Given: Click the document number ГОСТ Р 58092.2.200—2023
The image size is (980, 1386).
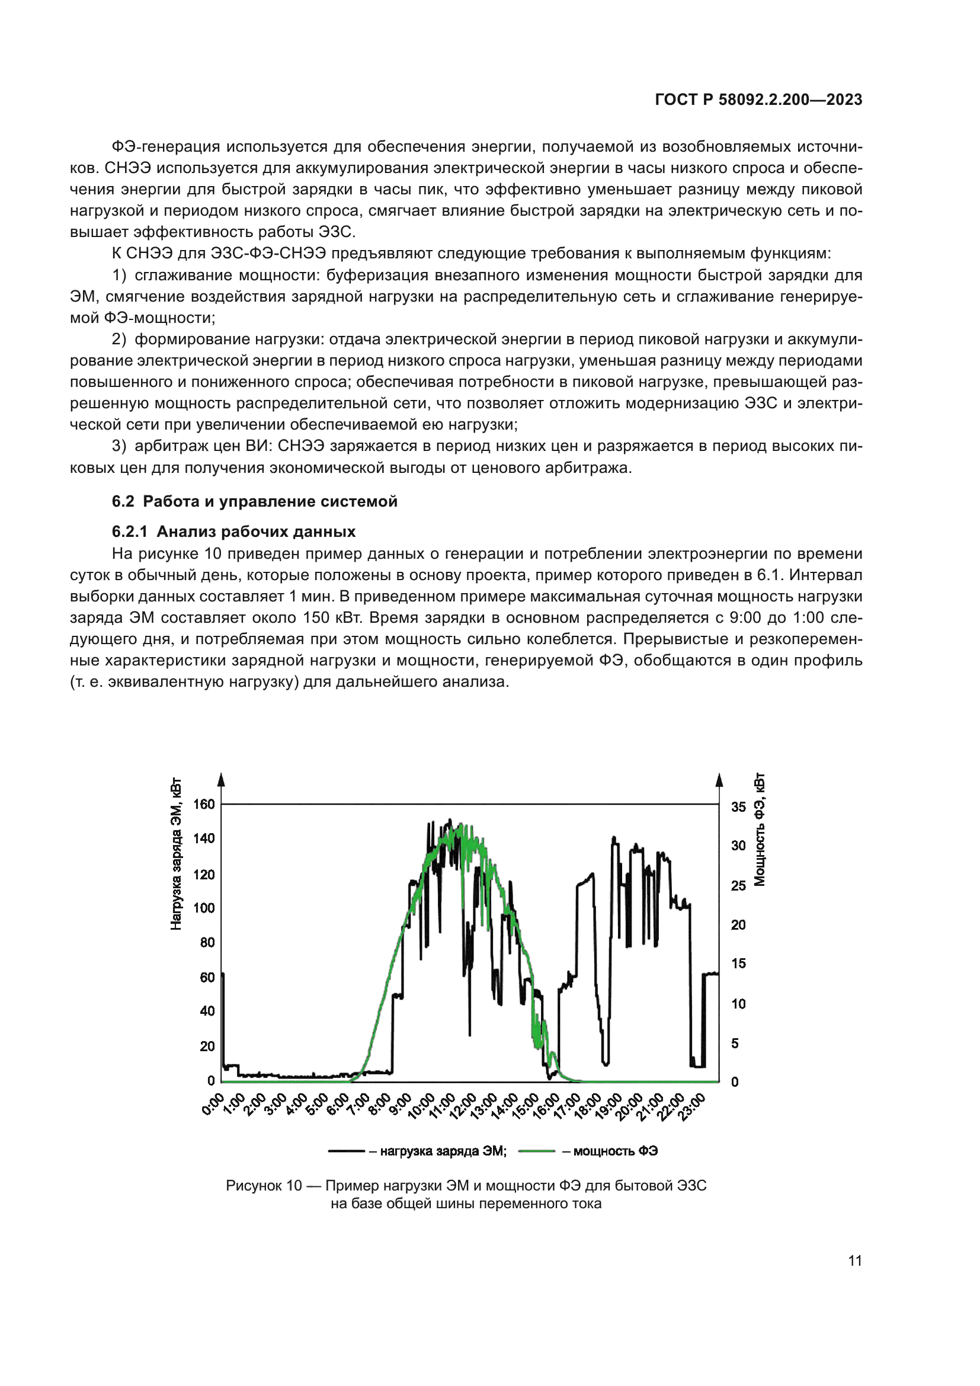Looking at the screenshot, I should tap(758, 100).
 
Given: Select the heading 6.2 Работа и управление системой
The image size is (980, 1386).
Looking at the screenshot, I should tap(254, 501).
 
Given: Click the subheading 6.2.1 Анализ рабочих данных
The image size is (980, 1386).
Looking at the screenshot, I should tap(233, 531).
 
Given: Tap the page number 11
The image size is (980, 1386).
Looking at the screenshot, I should tap(854, 1260).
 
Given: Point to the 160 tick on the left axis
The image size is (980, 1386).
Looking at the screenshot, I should tap(203, 804).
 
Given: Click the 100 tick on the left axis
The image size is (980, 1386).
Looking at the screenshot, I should tap(203, 908).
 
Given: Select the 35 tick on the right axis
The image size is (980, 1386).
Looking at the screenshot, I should tap(738, 807).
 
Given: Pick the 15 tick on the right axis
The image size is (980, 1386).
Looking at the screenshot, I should tap(738, 964).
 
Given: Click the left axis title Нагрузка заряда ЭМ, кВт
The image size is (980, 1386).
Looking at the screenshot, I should tap(175, 854).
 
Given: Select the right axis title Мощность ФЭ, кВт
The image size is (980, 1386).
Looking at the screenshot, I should tap(760, 830).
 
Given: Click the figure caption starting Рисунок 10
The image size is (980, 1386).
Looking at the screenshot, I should tap(466, 1186).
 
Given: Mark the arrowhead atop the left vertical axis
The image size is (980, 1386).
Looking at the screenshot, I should tap(222, 779).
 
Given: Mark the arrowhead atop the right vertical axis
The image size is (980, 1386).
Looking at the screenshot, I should tap(719, 779).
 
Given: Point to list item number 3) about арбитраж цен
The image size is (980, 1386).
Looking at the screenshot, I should tap(120, 446).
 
